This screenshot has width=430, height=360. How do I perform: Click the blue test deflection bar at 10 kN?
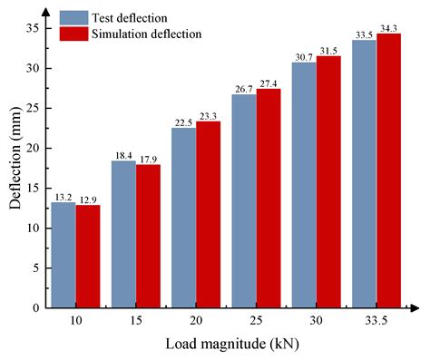(63, 255)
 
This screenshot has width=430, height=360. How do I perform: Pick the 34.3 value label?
(389, 28)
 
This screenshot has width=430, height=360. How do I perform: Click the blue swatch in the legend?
(72, 17)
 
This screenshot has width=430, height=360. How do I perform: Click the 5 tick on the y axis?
(34, 268)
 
